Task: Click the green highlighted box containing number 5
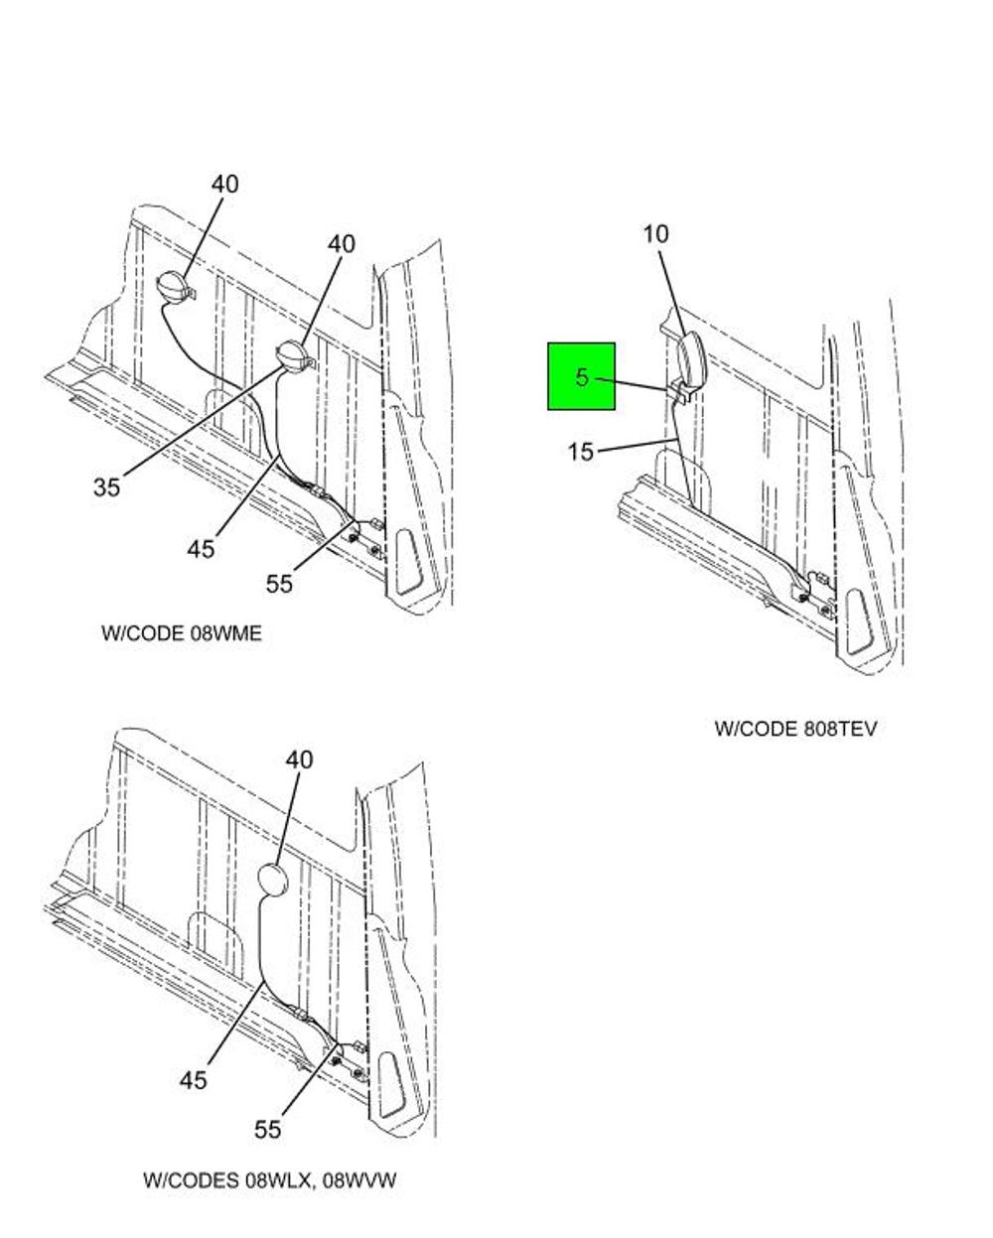pos(581,376)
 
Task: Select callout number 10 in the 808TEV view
pos(655,234)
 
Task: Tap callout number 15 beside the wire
pos(581,453)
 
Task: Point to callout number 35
pos(107,486)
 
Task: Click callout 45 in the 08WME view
pos(201,548)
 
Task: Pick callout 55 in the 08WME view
pos(279,584)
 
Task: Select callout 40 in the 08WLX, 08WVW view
pos(299,759)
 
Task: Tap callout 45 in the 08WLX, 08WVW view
pos(194,1079)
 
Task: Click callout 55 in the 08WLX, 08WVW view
pos(267,1129)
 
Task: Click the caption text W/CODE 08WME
pos(182,633)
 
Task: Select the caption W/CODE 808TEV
pos(795,729)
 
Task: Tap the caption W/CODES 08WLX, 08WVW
pos(270,1180)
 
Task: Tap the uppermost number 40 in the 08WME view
pos(224,185)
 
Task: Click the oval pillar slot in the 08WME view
pos(410,564)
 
